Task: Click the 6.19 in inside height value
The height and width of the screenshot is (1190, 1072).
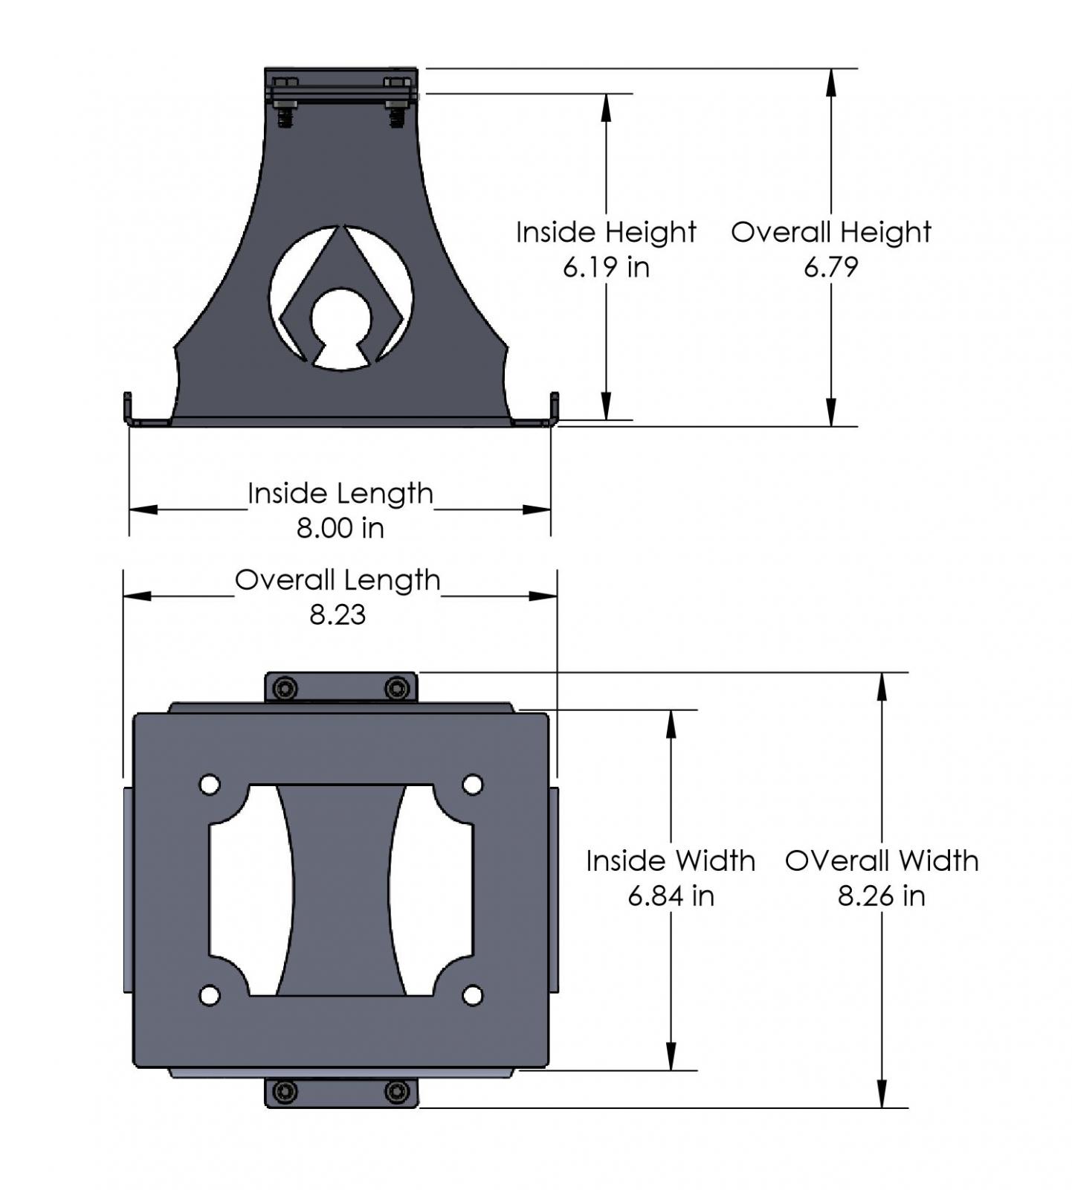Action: tap(606, 267)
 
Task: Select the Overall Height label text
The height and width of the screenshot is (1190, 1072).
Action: tap(830, 232)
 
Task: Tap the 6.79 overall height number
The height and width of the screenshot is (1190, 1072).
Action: tap(830, 267)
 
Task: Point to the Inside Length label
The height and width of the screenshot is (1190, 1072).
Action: tap(340, 494)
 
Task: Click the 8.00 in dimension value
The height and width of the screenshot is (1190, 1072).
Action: tap(340, 528)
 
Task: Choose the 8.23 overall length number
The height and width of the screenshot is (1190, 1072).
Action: tap(338, 615)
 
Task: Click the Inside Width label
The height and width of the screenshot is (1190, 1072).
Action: tap(670, 861)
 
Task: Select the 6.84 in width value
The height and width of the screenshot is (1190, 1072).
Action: tap(671, 895)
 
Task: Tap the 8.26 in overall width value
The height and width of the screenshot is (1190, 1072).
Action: tap(881, 895)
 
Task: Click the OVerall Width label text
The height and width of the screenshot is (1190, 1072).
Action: tap(881, 861)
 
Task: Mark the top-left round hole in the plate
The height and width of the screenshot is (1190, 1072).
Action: tap(210, 785)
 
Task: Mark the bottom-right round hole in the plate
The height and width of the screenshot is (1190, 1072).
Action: tap(473, 995)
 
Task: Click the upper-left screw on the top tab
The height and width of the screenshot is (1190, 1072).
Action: tap(285, 689)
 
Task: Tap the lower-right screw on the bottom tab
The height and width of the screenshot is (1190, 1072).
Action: tap(397, 1092)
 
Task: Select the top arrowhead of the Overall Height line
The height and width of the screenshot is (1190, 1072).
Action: tap(831, 82)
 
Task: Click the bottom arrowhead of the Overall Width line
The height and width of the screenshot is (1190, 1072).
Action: tap(882, 1094)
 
